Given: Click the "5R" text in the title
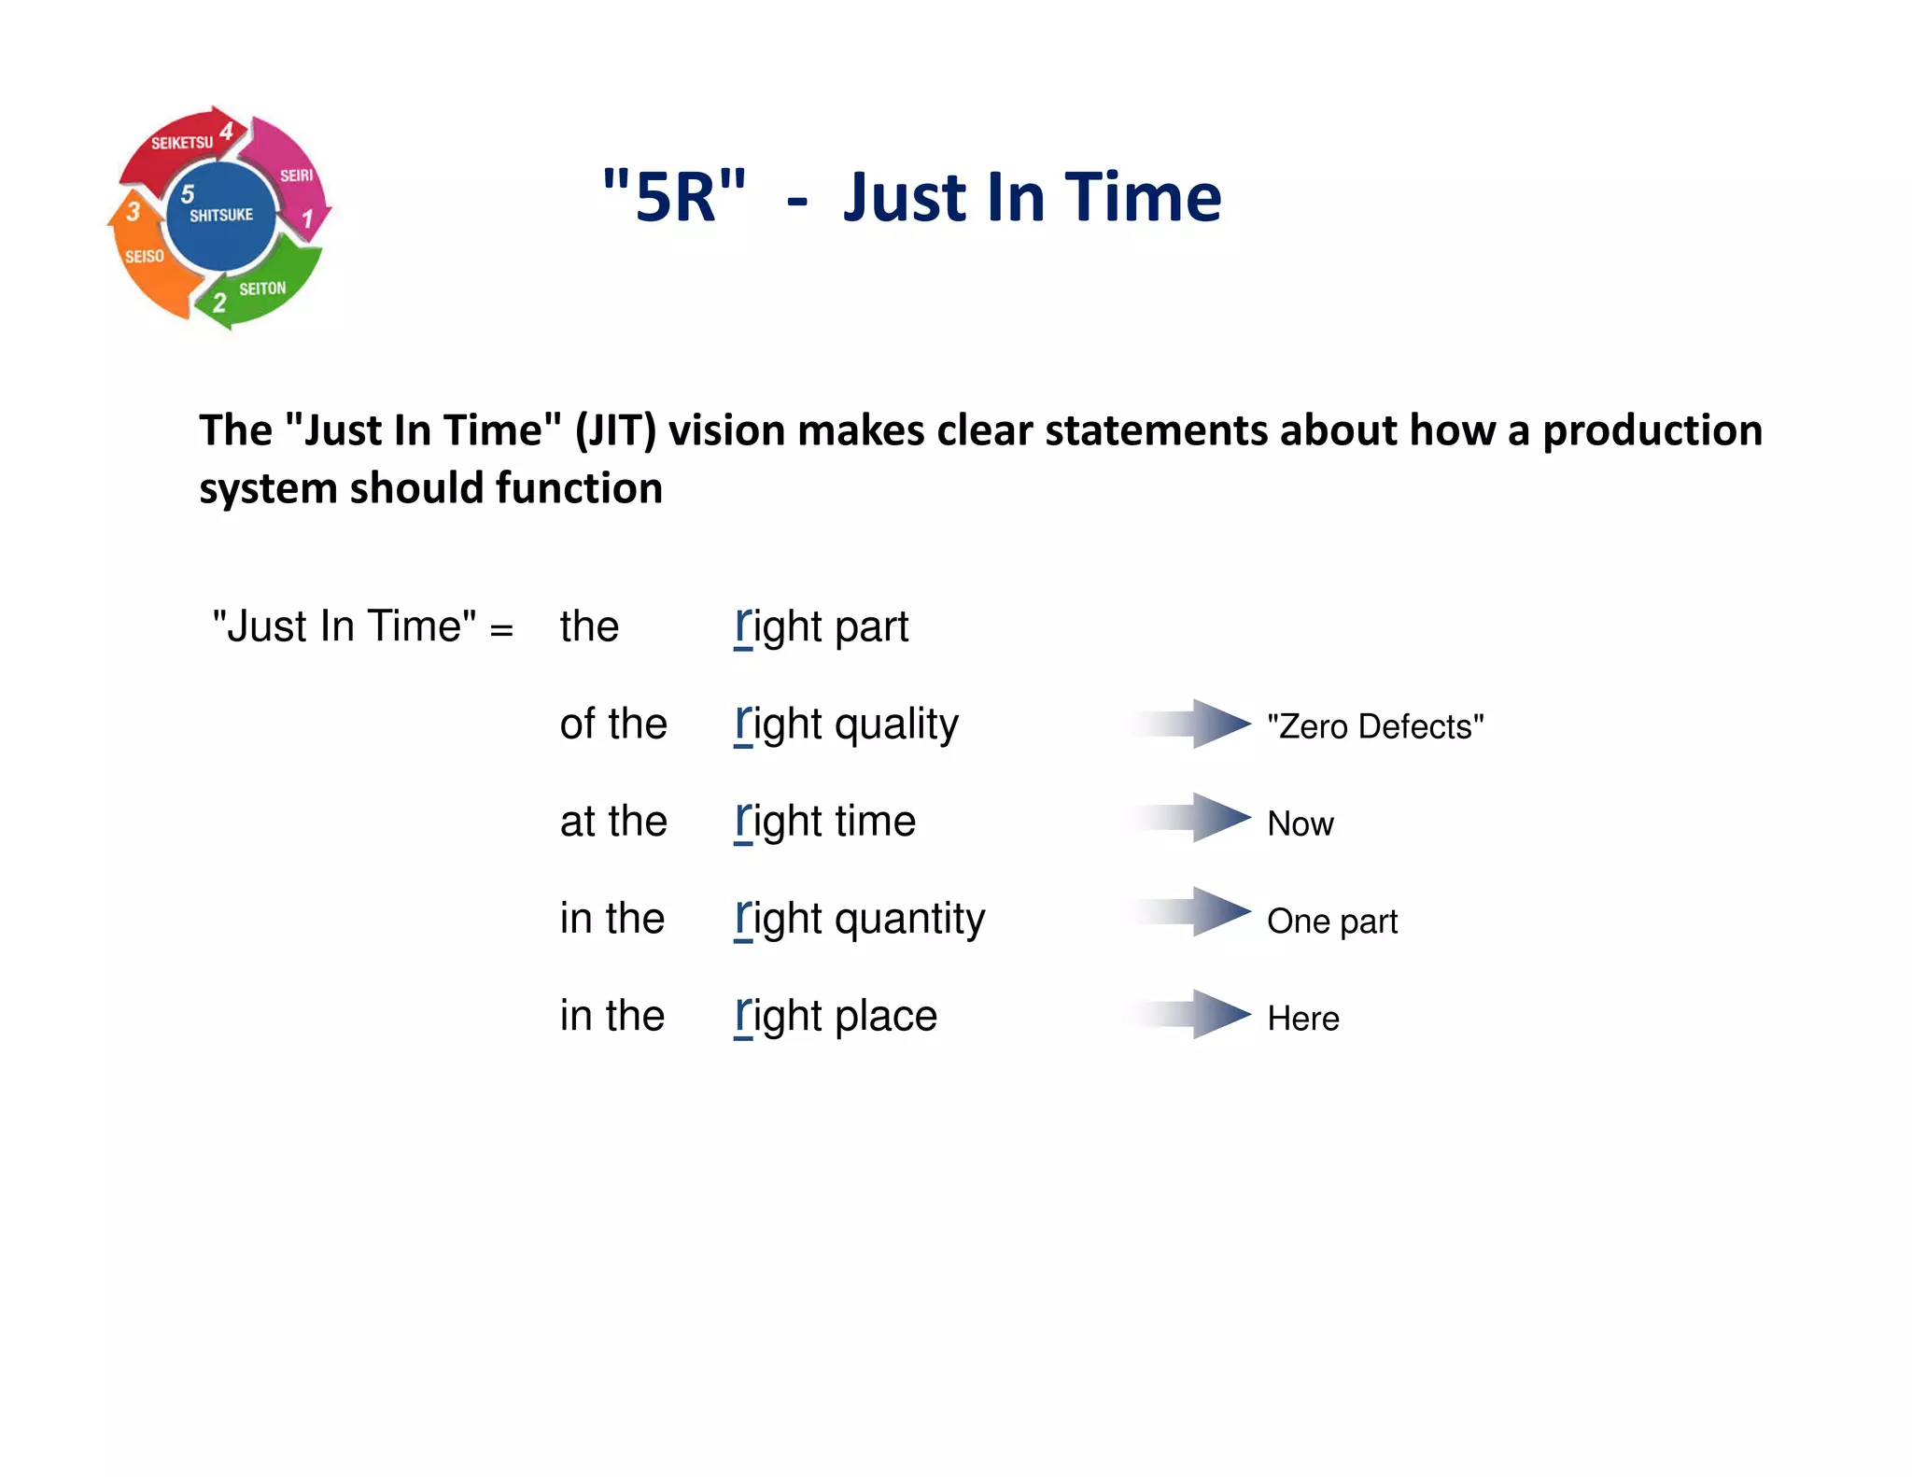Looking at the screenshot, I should [674, 196].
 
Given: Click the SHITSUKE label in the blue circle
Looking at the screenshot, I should [221, 215].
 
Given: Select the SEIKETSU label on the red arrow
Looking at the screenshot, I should [182, 143].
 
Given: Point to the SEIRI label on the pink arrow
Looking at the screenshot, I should [296, 176].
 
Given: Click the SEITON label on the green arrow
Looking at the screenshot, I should [262, 289].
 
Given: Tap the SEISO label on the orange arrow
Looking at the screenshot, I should [145, 256].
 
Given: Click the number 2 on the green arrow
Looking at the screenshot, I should [219, 302].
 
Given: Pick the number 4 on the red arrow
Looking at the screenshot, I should [227, 132].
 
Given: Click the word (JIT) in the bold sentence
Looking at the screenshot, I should [615, 430].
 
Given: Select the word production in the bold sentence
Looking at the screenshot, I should [1652, 430].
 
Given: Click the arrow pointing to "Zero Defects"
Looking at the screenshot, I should [1195, 724].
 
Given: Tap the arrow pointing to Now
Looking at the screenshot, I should [1195, 818].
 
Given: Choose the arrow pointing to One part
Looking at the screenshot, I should [1195, 912].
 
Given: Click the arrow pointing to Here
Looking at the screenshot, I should [1195, 1014].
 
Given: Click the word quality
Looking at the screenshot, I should [896, 724].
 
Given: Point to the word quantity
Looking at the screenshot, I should [909, 920].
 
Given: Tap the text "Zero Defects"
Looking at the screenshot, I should [1374, 726].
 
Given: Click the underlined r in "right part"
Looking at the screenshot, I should [743, 626].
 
